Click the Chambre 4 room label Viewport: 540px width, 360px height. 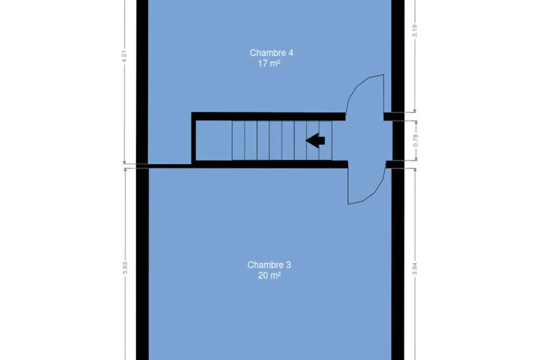[x=271, y=53]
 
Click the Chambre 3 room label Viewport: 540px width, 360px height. [x=269, y=265]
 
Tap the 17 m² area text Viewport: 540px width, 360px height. [x=269, y=63]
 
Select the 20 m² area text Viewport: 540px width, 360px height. [x=269, y=275]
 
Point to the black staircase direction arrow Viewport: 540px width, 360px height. [x=315, y=140]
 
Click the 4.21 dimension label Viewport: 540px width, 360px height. [x=124, y=56]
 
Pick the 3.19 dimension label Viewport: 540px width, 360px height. [x=414, y=31]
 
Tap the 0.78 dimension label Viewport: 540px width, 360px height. [x=415, y=140]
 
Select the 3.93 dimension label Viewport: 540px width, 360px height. [x=125, y=268]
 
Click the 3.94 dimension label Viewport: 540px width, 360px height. [x=414, y=269]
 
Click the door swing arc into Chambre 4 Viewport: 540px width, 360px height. [x=357, y=86]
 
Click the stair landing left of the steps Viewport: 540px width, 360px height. [x=214, y=140]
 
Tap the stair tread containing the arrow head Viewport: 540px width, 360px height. [x=313, y=140]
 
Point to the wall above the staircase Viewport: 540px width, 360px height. [x=269, y=117]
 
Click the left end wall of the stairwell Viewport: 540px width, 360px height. [x=193, y=139]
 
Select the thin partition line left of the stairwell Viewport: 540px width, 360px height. [x=170, y=166]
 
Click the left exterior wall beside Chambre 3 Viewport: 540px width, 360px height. [x=143, y=264]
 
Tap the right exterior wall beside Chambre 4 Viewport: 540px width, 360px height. [x=398, y=56]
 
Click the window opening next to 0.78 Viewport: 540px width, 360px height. [x=398, y=140]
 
